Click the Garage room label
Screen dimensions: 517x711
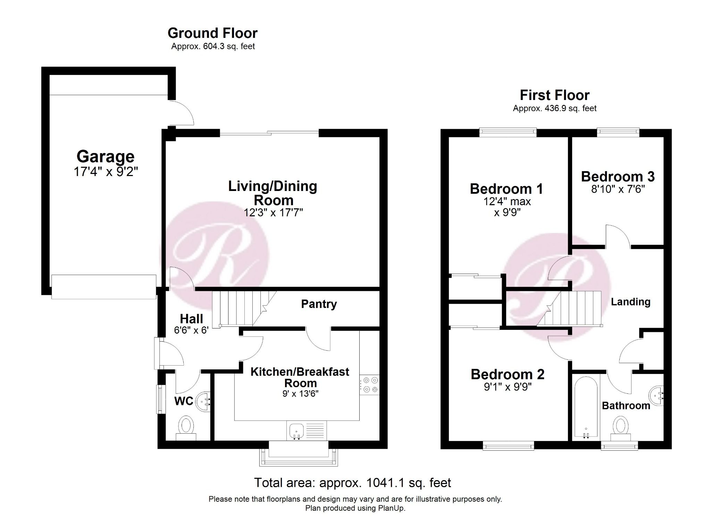(x=105, y=157)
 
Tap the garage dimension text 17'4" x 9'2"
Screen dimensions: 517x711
(x=106, y=172)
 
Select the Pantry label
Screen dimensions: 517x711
(x=319, y=304)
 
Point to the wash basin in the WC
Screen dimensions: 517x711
(x=203, y=401)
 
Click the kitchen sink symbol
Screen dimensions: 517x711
(x=296, y=431)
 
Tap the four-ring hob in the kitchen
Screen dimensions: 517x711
(x=369, y=385)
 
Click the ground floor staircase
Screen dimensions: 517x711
(x=240, y=309)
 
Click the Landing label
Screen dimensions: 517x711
(x=630, y=302)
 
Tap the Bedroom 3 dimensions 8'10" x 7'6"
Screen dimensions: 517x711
(x=618, y=190)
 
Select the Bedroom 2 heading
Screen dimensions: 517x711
(x=507, y=374)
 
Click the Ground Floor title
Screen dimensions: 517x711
(x=212, y=33)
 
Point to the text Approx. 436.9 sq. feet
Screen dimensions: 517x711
(x=554, y=108)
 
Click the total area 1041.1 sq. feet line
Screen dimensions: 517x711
(x=352, y=483)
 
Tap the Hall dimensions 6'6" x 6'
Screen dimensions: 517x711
(x=191, y=330)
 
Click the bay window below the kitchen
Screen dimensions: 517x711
(x=298, y=458)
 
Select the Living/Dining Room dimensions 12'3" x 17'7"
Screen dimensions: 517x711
(x=273, y=212)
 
